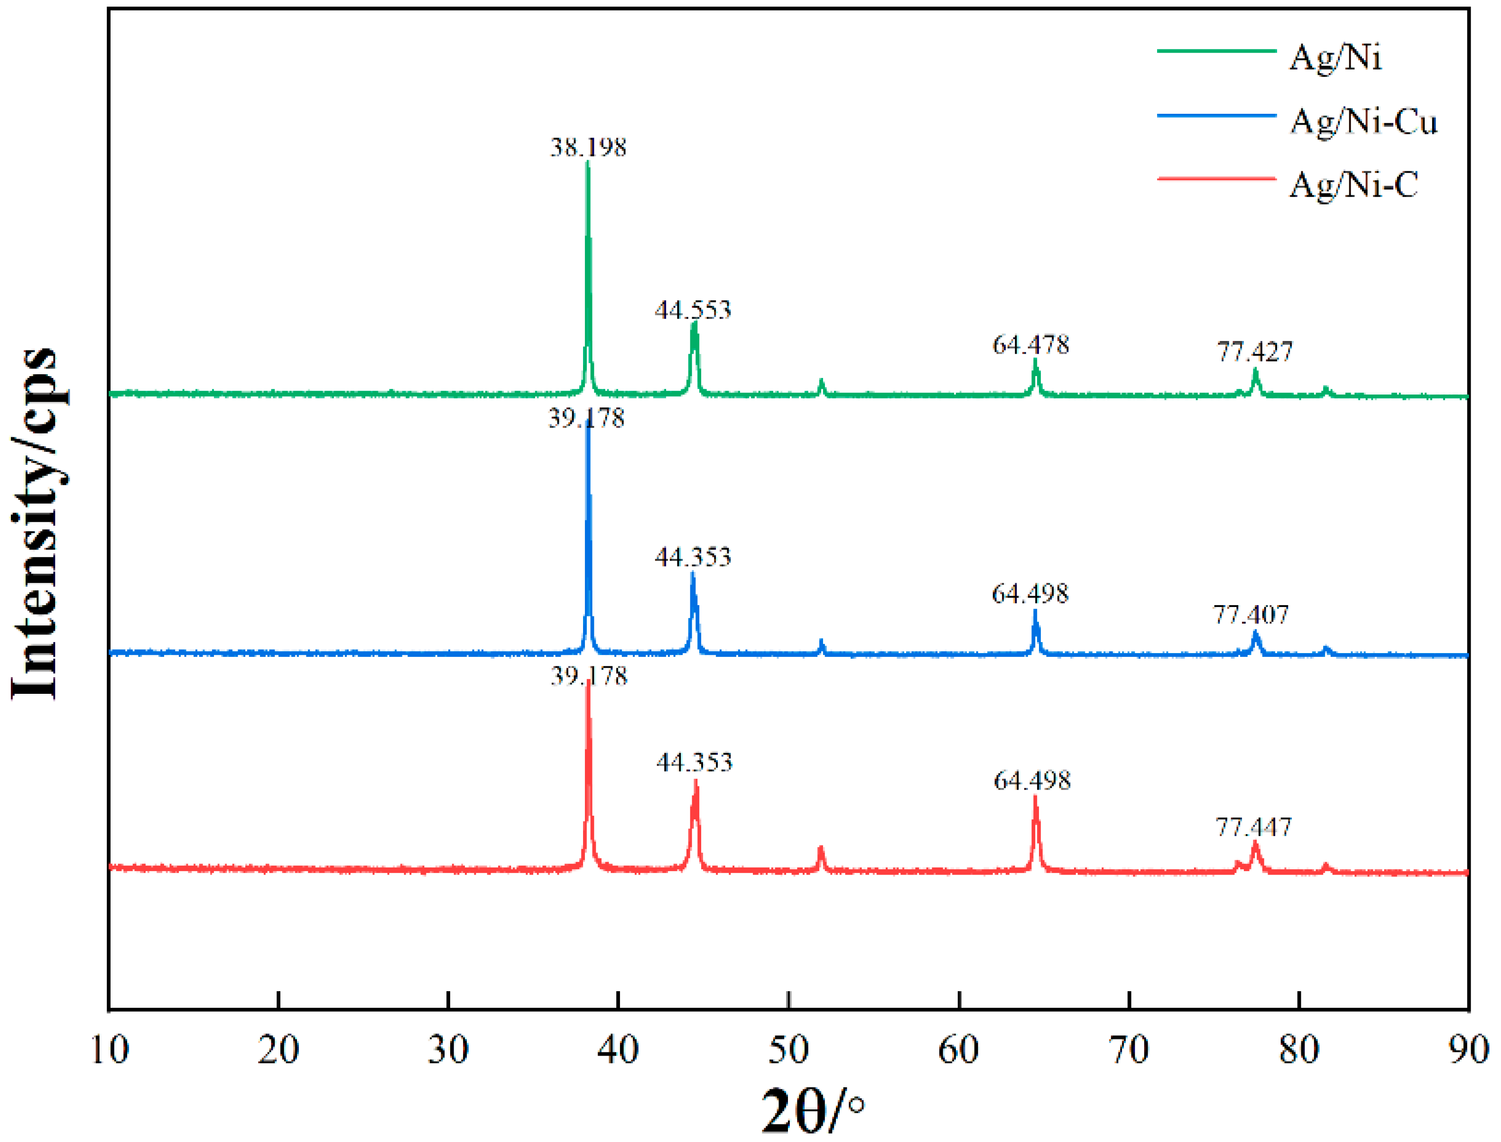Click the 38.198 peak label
[588, 147]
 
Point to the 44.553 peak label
[693, 311]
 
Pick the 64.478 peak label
[1030, 345]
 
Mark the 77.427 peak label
[1254, 352]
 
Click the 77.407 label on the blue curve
[1251, 615]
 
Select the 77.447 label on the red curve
[1253, 828]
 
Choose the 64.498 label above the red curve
[1032, 781]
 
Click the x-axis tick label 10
[109, 1050]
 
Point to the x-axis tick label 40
[618, 1050]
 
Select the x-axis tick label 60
[958, 1050]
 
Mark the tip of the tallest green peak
[587, 163]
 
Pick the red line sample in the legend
[1216, 179]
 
